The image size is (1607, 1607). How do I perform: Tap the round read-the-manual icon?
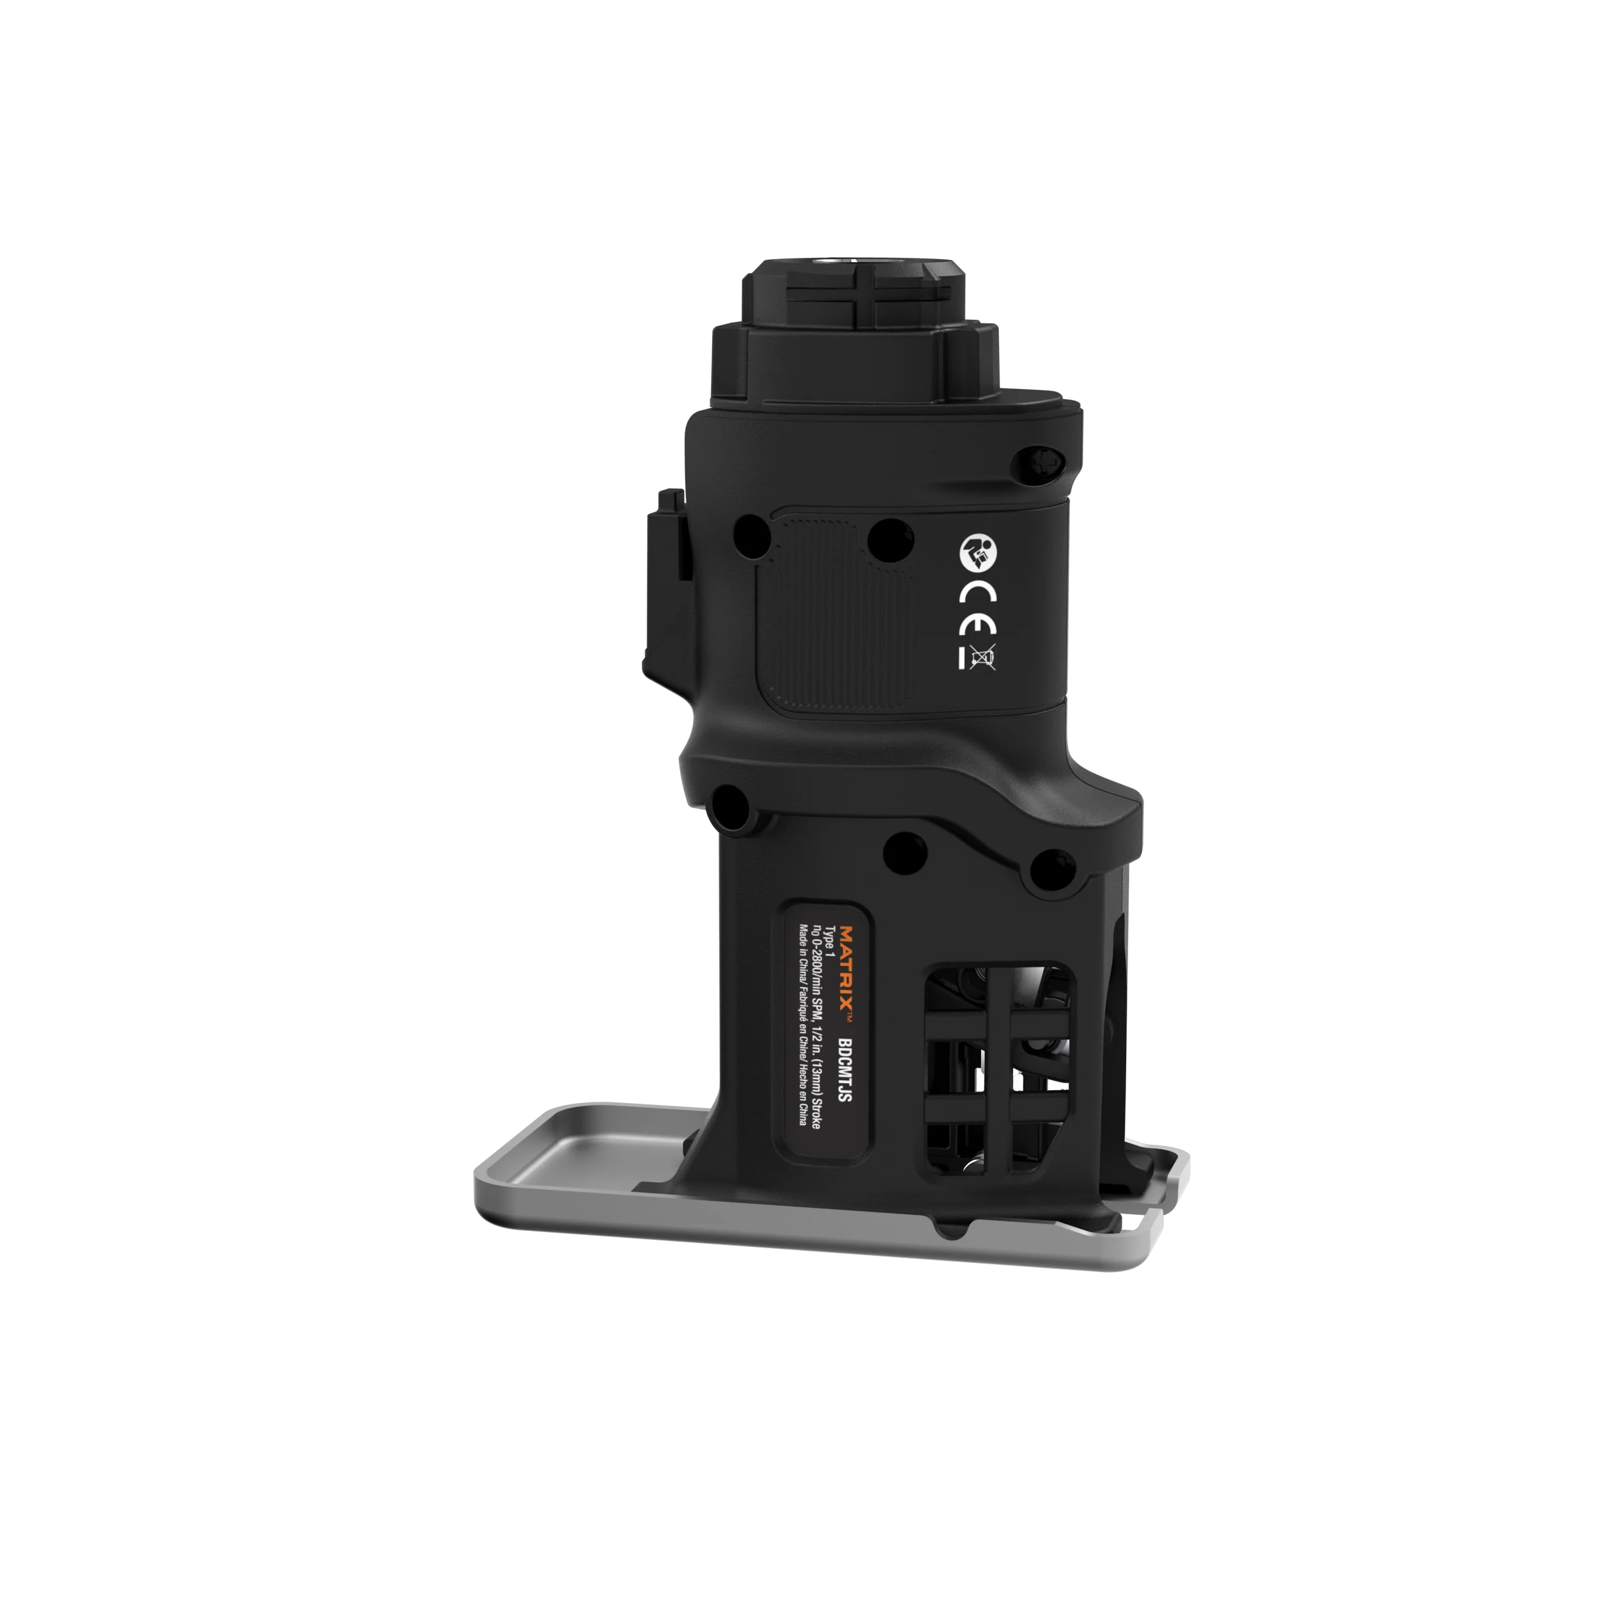pos(976,552)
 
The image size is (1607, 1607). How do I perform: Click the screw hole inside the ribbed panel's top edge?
pos(891,538)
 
